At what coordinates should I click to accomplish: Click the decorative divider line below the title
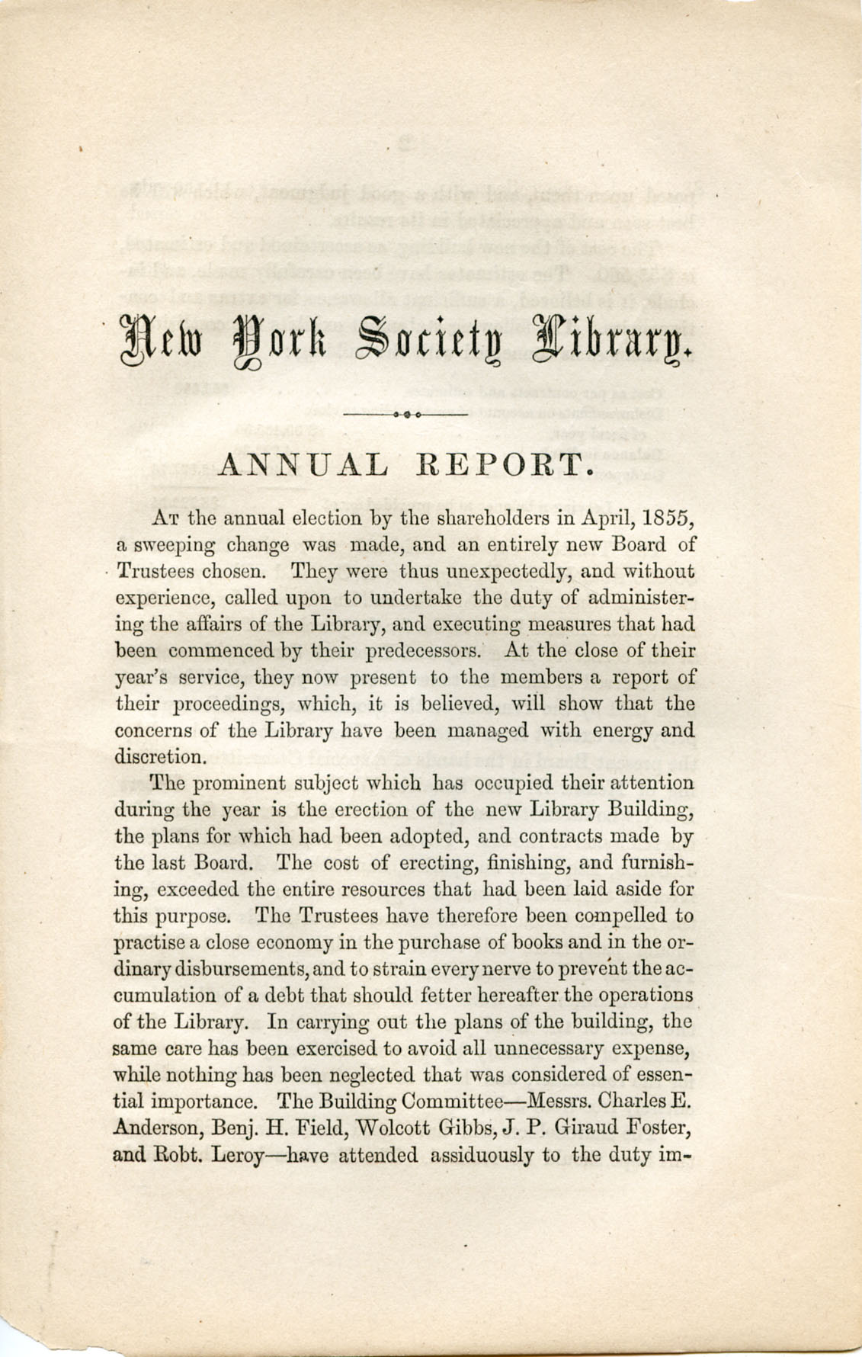click(405, 414)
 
